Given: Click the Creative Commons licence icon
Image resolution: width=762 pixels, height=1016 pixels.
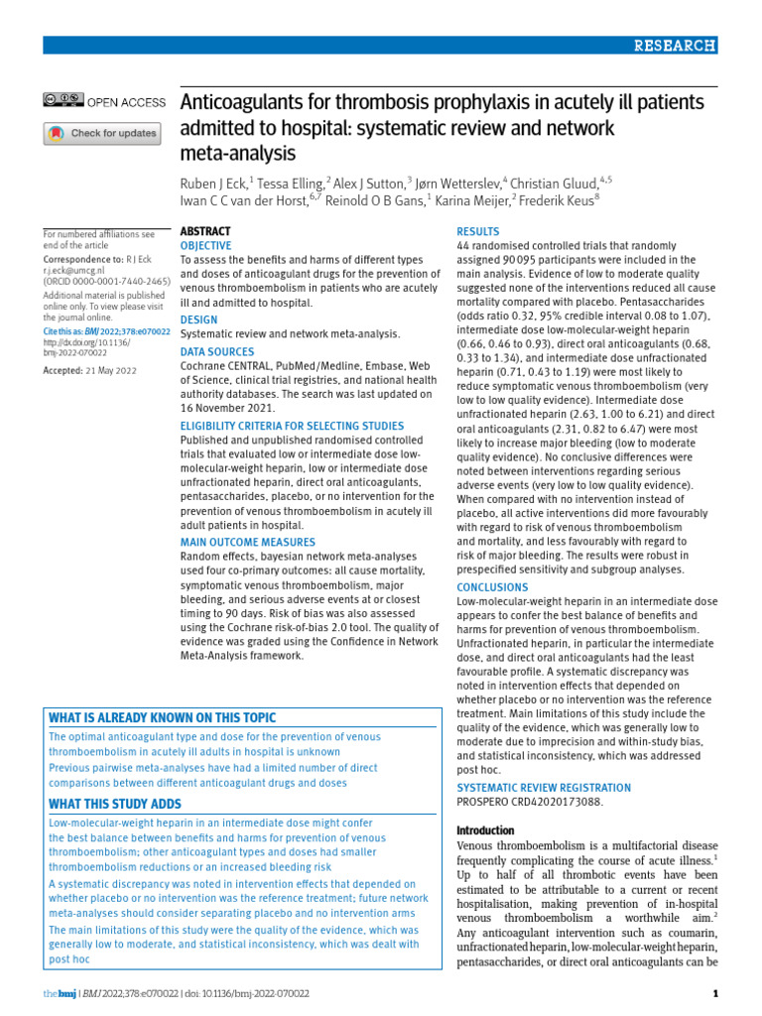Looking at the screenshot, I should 63,100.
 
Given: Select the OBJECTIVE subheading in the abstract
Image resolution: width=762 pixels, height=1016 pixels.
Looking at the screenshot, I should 205,245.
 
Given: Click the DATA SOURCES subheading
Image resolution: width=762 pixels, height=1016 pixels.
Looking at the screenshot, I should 216,351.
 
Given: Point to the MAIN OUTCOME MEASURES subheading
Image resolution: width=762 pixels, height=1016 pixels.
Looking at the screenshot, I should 248,543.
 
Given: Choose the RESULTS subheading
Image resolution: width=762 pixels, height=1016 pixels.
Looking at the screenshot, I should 478,231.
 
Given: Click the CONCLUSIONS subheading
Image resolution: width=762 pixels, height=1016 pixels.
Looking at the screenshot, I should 492,587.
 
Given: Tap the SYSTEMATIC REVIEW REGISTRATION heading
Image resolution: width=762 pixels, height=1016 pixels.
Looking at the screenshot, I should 543,788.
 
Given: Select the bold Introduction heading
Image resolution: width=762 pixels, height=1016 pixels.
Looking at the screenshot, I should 485,830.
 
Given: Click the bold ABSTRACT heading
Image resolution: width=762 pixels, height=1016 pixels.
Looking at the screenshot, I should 205,230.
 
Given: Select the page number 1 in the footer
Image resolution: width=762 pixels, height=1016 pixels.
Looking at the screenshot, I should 715,993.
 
